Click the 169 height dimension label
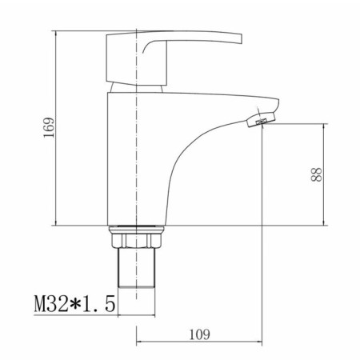pos(49,127)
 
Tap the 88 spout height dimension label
pos(317,174)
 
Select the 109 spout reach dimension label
pos(199,334)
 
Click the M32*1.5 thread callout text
pos(75,304)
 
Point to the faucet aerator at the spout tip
pos(261,119)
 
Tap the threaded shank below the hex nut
pos(136,268)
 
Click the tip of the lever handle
pos(241,38)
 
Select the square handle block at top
pos(137,58)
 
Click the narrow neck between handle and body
pos(136,89)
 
